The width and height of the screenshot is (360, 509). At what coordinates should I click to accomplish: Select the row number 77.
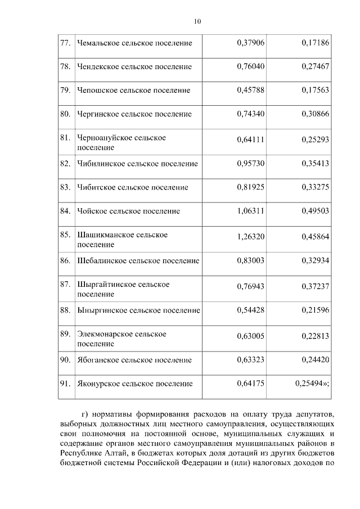(65, 43)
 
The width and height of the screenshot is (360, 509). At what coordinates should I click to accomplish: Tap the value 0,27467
(315, 66)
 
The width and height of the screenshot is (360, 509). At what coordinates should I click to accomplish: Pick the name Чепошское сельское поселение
(133, 90)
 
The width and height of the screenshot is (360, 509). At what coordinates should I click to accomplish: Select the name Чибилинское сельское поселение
(137, 164)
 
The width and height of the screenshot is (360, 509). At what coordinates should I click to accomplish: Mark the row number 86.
(65, 261)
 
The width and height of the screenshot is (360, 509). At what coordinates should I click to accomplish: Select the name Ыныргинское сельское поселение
(138, 310)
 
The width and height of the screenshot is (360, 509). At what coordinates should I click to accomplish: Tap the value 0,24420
(315, 360)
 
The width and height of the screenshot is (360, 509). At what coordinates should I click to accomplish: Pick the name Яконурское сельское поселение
(134, 384)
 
